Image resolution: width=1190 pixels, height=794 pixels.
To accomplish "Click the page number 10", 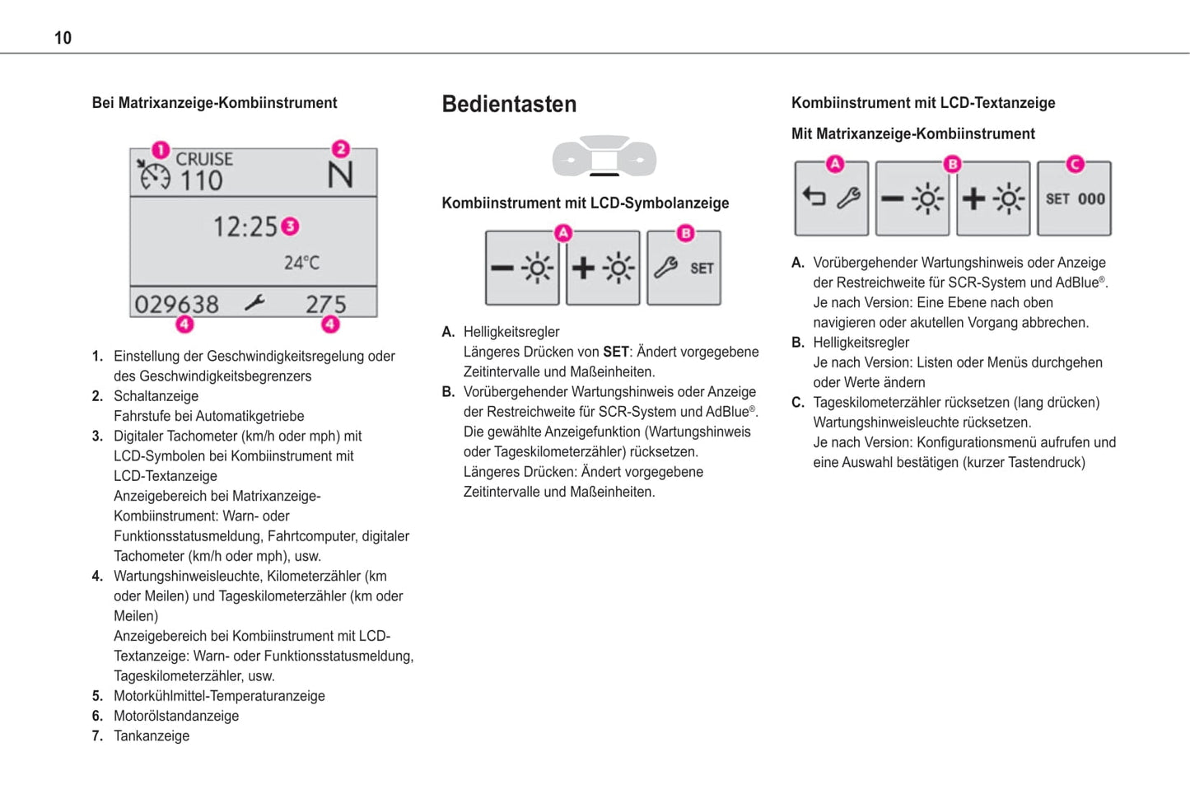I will tap(63, 38).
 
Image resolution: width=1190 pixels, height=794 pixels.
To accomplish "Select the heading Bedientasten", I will tap(509, 105).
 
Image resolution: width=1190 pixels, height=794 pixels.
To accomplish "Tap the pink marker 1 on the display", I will tap(161, 150).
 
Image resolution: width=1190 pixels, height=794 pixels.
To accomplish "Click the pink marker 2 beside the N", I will tap(340, 149).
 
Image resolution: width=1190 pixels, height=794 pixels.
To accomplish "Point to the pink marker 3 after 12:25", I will tap(289, 226).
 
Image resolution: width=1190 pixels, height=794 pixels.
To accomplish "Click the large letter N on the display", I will tap(340, 175).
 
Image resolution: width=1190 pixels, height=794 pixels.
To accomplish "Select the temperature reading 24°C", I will tap(301, 263).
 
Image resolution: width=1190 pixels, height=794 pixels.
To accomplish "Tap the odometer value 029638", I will tap(176, 305).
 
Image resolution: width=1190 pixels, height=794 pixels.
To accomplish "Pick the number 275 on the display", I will tap(326, 305).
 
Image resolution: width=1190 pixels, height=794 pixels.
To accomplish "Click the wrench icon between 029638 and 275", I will tap(254, 304).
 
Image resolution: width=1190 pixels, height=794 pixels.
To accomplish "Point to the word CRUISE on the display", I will tap(204, 159).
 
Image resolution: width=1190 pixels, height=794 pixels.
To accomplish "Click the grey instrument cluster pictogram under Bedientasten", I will tap(604, 156).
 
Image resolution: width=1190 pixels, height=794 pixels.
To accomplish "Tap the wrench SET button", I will tap(684, 269).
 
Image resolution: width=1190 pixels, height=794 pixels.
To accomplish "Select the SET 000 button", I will tap(1074, 198).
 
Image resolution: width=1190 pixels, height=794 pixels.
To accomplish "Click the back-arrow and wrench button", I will tap(831, 198).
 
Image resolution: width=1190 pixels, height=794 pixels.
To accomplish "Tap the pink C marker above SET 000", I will tap(1075, 164).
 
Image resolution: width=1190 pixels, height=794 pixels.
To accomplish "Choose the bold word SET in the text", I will tap(615, 352).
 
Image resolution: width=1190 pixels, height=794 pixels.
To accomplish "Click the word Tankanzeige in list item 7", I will tap(152, 736).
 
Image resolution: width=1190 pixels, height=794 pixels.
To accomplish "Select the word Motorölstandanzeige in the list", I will tap(176, 716).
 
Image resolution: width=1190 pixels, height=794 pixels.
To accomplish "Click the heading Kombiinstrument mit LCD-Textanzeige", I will tap(923, 103).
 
